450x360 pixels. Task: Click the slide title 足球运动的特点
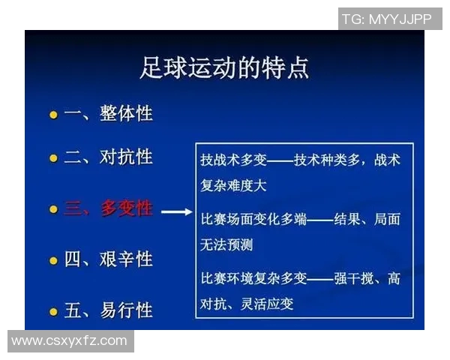click(x=224, y=68)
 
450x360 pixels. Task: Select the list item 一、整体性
click(x=108, y=114)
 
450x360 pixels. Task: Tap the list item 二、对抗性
click(x=108, y=157)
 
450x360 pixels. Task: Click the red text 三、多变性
click(x=108, y=209)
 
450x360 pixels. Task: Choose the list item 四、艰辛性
click(x=108, y=260)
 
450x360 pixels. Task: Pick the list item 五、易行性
click(x=108, y=310)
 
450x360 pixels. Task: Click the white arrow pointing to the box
click(x=177, y=212)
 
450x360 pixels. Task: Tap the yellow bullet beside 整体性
click(x=53, y=115)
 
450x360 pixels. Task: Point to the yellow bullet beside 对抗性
click(x=53, y=159)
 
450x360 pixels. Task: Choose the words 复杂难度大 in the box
click(x=233, y=184)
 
